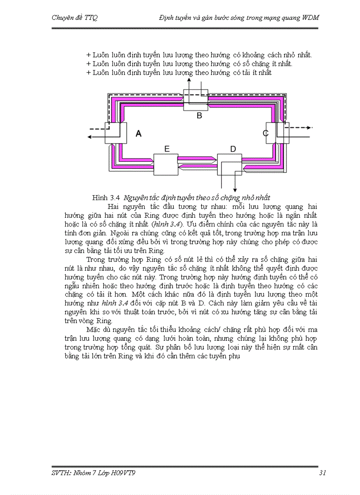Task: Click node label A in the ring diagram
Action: pyautogui.click(x=139, y=134)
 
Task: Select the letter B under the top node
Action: pyautogui.click(x=199, y=116)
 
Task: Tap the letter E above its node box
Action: pyautogui.click(x=167, y=149)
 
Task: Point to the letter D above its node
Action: pyautogui.click(x=233, y=149)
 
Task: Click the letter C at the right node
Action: pyautogui.click(x=266, y=133)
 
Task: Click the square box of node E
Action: pyautogui.click(x=165, y=164)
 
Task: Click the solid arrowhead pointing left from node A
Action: pyautogui.click(x=89, y=137)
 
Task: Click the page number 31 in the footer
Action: pyautogui.click(x=322, y=473)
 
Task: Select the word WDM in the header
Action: pyautogui.click(x=310, y=18)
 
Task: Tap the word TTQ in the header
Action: pyautogui.click(x=91, y=18)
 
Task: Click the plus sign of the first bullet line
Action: pyautogui.click(x=88, y=55)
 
